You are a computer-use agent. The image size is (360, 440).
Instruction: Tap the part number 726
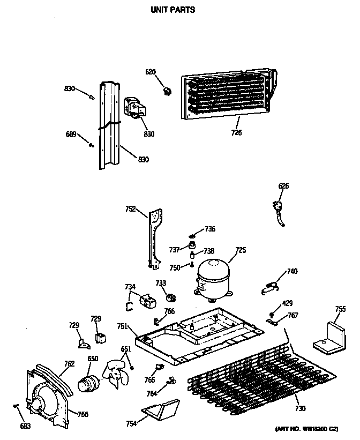click(236, 132)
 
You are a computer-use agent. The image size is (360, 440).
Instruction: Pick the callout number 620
click(151, 72)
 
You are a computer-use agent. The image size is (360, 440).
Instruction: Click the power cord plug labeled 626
click(279, 210)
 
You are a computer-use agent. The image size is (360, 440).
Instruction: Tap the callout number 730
click(300, 409)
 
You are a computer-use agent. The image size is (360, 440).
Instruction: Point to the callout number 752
click(131, 210)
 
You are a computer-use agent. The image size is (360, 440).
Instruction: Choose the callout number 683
click(26, 426)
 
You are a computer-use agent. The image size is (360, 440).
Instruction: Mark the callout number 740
click(292, 272)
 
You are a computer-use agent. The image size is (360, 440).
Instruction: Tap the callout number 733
click(161, 283)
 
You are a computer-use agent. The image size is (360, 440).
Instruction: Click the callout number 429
click(288, 303)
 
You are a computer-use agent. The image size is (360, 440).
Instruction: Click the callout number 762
click(69, 363)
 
